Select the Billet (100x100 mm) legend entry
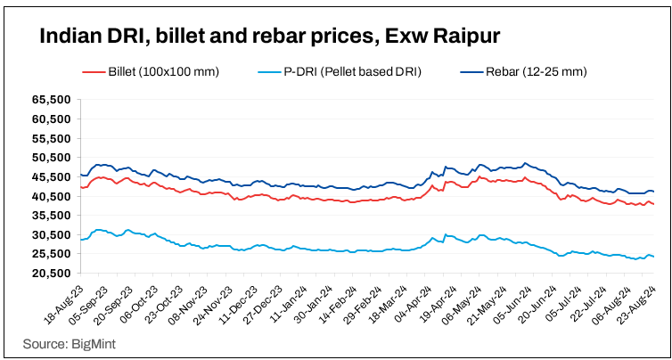click(x=163, y=69)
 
